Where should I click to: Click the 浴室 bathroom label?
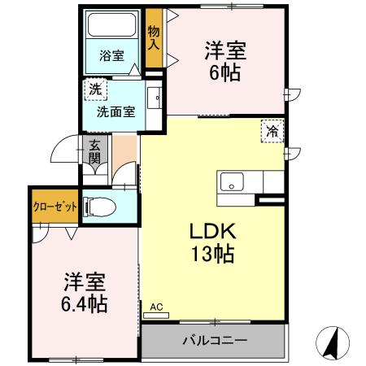[x=111, y=56]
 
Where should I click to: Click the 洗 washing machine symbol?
[x=96, y=88]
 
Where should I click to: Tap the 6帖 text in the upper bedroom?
[x=224, y=72]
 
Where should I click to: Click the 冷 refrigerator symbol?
[x=272, y=129]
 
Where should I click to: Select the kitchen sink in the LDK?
[x=231, y=182]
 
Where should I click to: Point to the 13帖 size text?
[x=213, y=254]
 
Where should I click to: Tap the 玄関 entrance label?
[x=94, y=151]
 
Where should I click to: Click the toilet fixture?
[x=101, y=207]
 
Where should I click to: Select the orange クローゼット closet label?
[x=55, y=207]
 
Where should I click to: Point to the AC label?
[x=157, y=307]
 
